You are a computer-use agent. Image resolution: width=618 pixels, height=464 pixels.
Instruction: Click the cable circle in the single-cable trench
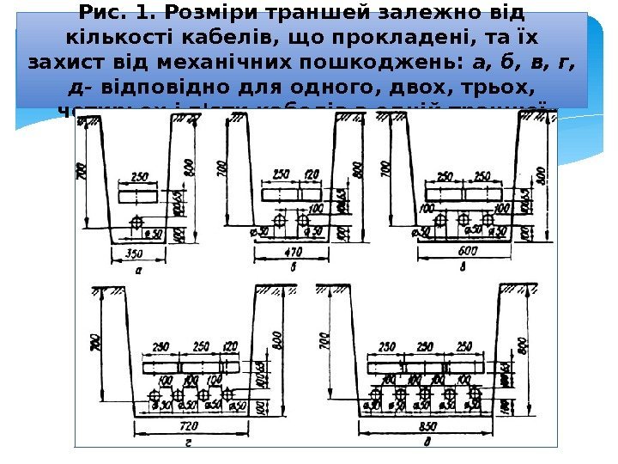pos(136,223)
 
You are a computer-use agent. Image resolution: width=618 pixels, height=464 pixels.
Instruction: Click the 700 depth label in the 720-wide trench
pos(93,345)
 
